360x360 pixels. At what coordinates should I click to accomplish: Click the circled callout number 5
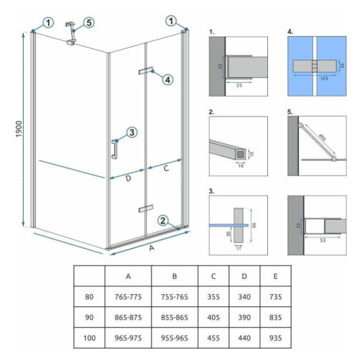tap(88, 23)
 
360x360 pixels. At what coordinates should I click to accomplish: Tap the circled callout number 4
tap(168, 80)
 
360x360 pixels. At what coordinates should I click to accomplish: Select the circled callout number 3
tap(132, 133)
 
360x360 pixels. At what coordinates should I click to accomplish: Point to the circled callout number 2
tap(163, 221)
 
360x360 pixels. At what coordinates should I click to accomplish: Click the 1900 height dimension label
tap(19, 129)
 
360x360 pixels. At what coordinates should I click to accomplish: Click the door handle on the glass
tap(114, 149)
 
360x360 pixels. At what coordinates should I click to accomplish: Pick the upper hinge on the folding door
tap(146, 70)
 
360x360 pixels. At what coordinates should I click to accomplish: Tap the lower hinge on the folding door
tap(146, 208)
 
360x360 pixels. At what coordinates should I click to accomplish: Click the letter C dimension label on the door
tap(166, 169)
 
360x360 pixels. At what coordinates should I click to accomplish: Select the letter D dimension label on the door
tap(128, 178)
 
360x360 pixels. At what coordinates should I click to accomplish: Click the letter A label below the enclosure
tap(152, 247)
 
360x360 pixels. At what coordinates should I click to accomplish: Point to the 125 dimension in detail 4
tap(324, 78)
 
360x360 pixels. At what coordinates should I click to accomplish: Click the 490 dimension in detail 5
tap(322, 137)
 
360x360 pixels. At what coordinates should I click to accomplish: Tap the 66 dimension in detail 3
tap(254, 225)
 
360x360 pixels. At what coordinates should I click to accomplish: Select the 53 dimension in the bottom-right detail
tap(322, 241)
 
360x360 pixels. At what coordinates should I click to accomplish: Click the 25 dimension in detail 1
tap(239, 85)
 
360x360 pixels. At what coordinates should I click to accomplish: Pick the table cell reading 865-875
tap(128, 317)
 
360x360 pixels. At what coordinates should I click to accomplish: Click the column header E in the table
tap(276, 276)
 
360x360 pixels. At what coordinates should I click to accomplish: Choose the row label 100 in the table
tap(90, 338)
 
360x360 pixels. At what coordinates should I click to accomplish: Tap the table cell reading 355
tap(214, 296)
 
